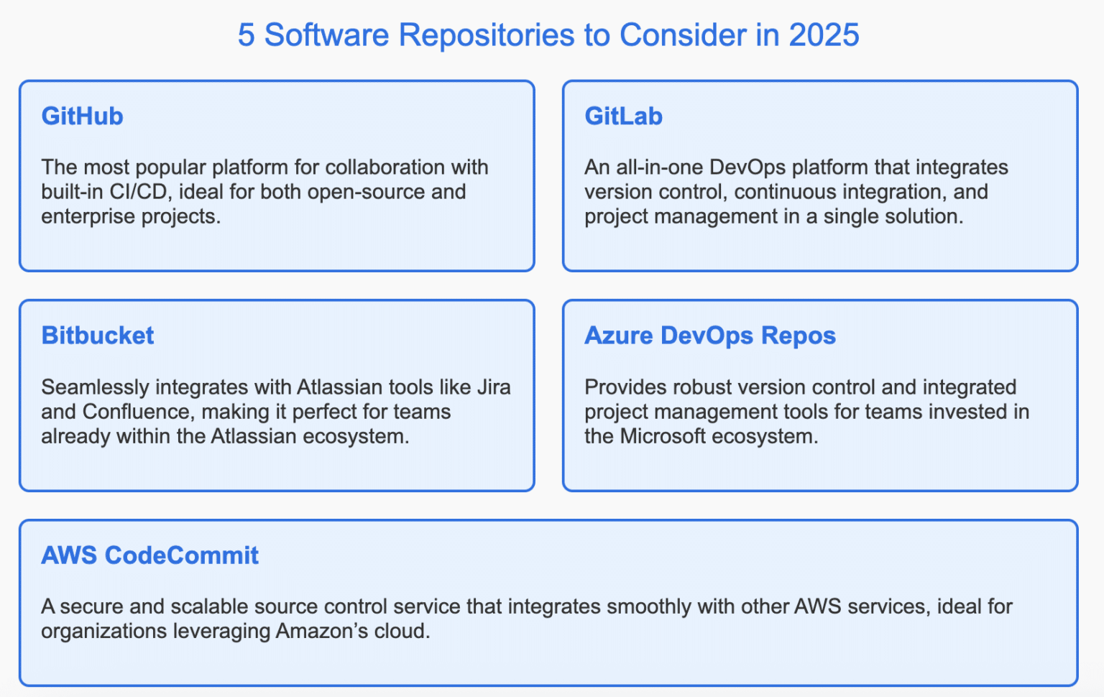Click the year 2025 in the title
[824, 35]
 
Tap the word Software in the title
[327, 35]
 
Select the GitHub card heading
[82, 116]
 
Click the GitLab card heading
[623, 116]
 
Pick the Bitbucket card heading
[98, 336]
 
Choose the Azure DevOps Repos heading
[709, 336]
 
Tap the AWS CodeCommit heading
[149, 555]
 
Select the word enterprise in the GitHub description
[85, 216]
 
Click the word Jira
[494, 387]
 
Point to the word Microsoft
[663, 436]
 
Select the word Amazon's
[314, 631]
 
